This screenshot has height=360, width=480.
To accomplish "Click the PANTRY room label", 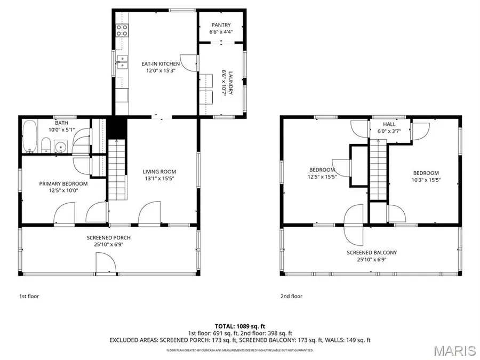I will coord(220,25).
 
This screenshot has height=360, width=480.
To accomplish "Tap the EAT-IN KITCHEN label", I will coord(157,64).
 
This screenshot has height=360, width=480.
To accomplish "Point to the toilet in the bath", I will coord(46,145).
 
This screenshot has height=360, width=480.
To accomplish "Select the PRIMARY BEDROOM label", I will coord(63,183).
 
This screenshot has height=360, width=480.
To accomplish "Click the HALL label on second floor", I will coord(389,124).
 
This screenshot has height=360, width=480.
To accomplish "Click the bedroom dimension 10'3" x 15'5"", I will coord(426,180).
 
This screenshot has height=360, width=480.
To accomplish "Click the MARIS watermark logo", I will coord(454,350).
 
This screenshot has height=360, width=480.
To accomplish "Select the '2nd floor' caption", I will coord(291,296).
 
